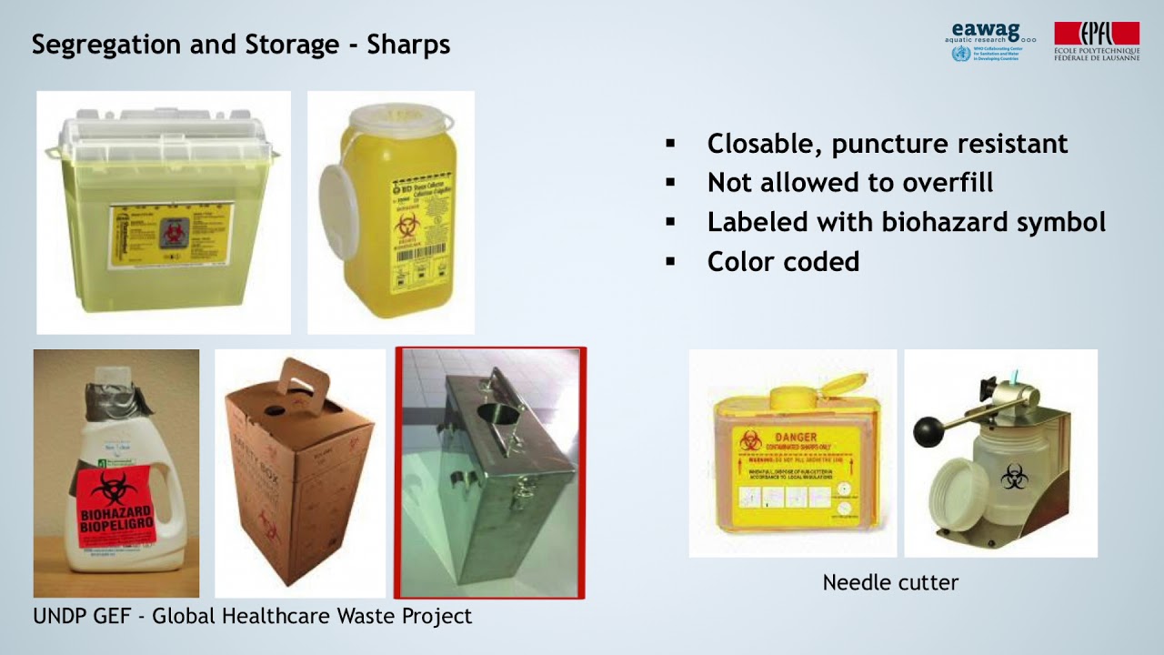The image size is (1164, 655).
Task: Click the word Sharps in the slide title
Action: pos(408,45)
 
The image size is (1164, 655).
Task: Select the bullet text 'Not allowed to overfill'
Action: pos(849,183)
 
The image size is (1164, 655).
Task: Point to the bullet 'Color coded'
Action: pos(783,262)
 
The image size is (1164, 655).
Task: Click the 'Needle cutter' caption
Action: pos(890,582)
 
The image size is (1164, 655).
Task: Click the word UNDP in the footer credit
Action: pos(61,616)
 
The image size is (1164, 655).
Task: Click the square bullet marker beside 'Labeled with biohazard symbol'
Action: pos(671,222)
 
